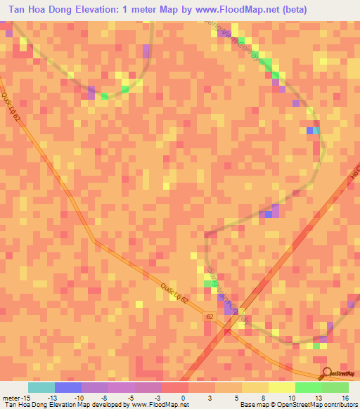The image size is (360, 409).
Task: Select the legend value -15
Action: pyautogui.click(x=24, y=398)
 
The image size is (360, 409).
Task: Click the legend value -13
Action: pyautogui.click(x=53, y=398)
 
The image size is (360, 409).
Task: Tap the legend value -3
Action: pyautogui.click(x=160, y=398)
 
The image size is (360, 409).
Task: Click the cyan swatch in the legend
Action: pyautogui.click(x=41, y=387)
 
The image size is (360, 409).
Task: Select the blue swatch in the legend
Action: pyautogui.click(x=68, y=387)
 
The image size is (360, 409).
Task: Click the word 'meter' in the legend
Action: pyautogui.click(x=10, y=398)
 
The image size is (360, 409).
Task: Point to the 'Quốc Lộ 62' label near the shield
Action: pyautogui.click(x=174, y=288)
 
